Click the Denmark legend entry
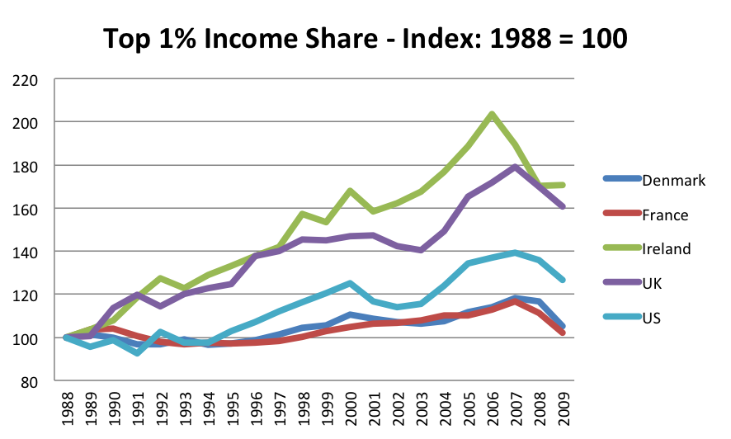tap(673, 180)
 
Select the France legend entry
tap(664, 215)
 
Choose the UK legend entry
tap(653, 283)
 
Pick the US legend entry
tap(652, 317)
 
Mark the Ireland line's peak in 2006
tap(492, 115)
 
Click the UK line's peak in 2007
tap(516, 167)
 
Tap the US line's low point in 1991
tap(137, 353)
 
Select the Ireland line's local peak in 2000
tap(350, 191)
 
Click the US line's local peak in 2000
tap(350, 283)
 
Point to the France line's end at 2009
tap(563, 333)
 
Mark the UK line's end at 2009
tap(563, 207)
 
